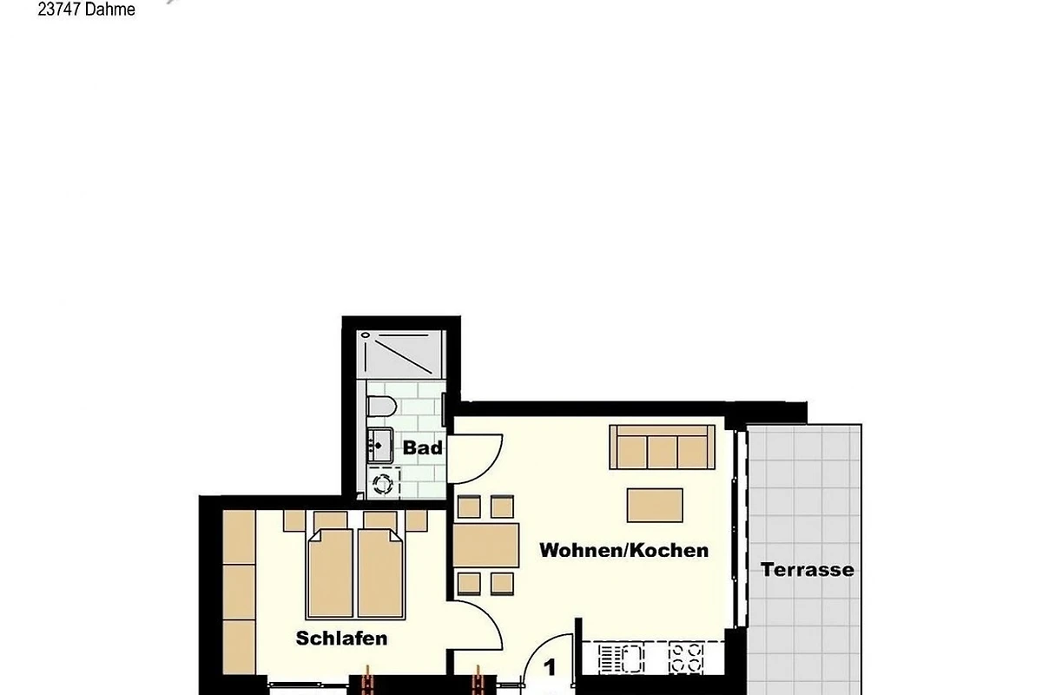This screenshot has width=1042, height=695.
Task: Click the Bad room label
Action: pyautogui.click(x=422, y=447)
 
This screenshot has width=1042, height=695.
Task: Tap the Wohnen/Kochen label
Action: pyautogui.click(x=623, y=550)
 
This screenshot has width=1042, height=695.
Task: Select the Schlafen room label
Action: pyautogui.click(x=341, y=639)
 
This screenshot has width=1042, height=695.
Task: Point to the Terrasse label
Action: pyautogui.click(x=807, y=570)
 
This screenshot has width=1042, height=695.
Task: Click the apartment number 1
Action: pyautogui.click(x=550, y=667)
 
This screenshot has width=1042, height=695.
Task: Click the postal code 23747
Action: pyautogui.click(x=60, y=10)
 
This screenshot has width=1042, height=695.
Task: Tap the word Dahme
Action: pyautogui.click(x=110, y=10)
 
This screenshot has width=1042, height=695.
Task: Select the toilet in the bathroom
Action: pyautogui.click(x=381, y=407)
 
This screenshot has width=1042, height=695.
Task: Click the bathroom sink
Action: pyautogui.click(x=380, y=445)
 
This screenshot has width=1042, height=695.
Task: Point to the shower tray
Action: pyautogui.click(x=401, y=354)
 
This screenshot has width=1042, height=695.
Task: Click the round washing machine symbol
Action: pyautogui.click(x=383, y=484)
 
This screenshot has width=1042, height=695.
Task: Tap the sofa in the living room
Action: pyautogui.click(x=662, y=447)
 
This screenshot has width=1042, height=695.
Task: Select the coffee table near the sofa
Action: pyautogui.click(x=655, y=505)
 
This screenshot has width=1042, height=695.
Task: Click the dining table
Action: pyautogui.click(x=485, y=545)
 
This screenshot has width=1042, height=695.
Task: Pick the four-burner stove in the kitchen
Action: pyautogui.click(x=686, y=659)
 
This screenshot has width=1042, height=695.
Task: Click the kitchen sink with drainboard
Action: pyautogui.click(x=622, y=659)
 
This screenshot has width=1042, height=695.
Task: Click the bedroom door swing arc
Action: pyautogui.click(x=491, y=616)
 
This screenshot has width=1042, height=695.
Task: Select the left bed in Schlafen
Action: pyautogui.click(x=330, y=573)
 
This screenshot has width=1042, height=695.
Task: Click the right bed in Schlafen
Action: pyautogui.click(x=380, y=573)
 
